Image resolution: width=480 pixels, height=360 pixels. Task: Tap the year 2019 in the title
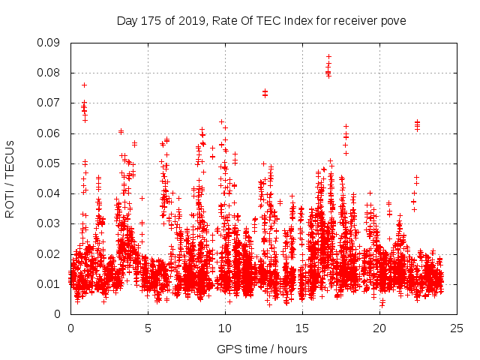coord(191,21)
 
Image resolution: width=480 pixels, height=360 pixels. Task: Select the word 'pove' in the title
coord(393,21)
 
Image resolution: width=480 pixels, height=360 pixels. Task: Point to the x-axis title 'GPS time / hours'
coord(262,349)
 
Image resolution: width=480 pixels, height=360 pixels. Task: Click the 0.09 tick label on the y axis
coord(50,43)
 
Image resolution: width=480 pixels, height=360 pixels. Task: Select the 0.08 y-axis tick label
coord(50,73)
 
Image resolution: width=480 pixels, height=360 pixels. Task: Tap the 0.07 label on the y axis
coord(50,103)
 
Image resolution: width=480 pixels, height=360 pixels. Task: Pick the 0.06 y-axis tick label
coord(50,133)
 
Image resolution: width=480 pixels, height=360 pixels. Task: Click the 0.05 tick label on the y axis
coord(50,163)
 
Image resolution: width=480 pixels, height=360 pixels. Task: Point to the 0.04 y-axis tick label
coord(50,193)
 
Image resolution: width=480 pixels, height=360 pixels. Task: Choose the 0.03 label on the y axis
coord(50,223)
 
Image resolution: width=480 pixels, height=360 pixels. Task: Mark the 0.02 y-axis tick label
coord(50,253)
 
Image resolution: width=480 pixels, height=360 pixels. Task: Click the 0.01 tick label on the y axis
coord(50,283)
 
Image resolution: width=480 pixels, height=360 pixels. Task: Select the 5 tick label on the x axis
coord(148,328)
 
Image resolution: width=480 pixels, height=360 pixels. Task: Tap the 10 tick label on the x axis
coord(225,328)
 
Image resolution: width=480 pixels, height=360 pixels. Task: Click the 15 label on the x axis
coord(302,328)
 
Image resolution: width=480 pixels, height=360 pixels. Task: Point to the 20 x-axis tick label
coord(379,328)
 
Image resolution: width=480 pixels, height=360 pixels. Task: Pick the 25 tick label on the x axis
coord(457,328)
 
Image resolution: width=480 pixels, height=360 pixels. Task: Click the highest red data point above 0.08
coord(328,56)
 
